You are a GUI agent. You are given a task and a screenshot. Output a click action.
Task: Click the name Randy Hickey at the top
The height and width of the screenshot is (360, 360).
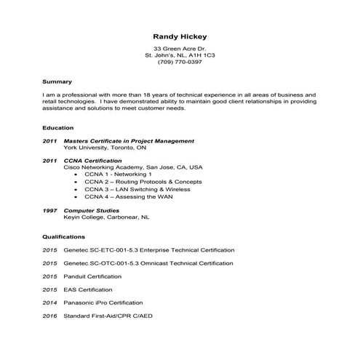click(x=180, y=34)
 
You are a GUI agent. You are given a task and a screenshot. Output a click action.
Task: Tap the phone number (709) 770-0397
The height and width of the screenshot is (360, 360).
click(x=180, y=63)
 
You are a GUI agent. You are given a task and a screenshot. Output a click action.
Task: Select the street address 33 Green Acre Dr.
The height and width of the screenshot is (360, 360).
click(x=180, y=48)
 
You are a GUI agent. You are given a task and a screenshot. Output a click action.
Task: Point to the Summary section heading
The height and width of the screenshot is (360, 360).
click(x=57, y=81)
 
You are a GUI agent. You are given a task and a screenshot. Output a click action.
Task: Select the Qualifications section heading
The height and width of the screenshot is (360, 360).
click(x=63, y=236)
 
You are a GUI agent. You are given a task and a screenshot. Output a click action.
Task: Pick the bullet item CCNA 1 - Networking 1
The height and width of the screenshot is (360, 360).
click(x=117, y=175)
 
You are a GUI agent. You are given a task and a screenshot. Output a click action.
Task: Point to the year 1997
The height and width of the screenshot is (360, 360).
click(x=49, y=210)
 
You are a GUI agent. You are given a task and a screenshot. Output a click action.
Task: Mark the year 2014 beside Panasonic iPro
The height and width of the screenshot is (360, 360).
click(x=49, y=303)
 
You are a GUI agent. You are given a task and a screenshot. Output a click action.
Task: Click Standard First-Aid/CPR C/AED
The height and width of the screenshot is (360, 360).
click(x=108, y=316)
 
